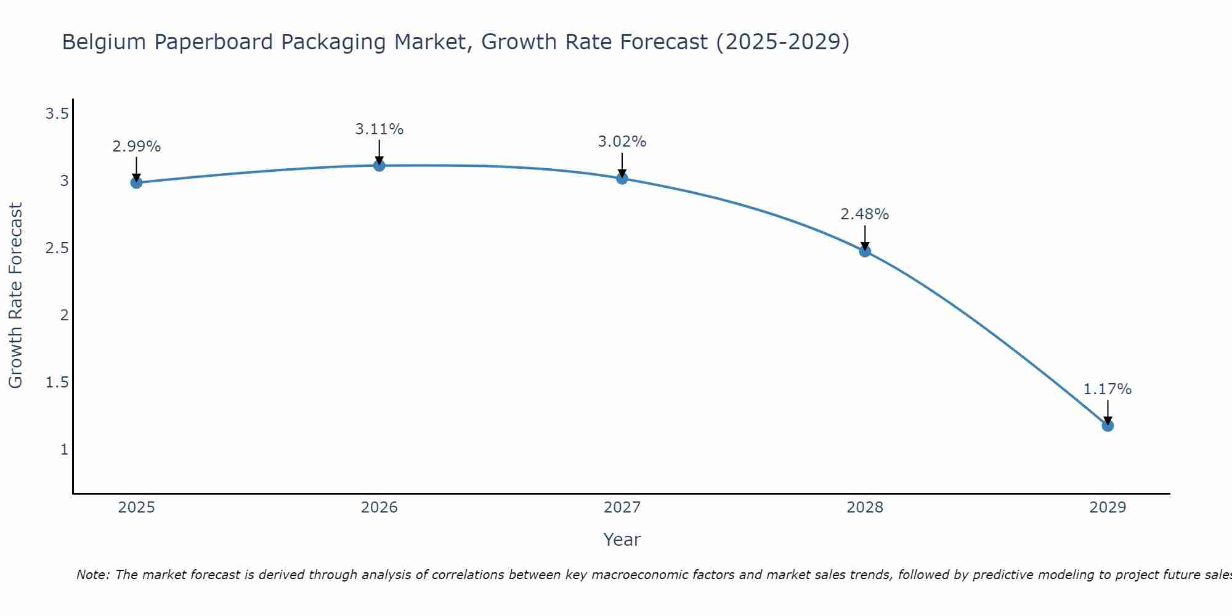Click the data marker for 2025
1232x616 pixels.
coord(137,182)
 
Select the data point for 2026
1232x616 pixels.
coord(379,165)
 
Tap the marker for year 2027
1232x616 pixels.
coord(622,179)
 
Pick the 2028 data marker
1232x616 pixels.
coord(865,251)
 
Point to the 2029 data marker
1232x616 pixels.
coord(1108,426)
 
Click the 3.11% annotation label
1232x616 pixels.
coord(379,129)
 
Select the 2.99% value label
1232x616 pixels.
coord(137,147)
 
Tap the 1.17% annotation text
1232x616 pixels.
coord(1108,389)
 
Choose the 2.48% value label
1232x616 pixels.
coord(865,214)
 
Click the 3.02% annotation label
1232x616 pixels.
coord(622,142)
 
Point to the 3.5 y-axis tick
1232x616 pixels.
coord(57,114)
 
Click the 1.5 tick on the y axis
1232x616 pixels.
coord(57,383)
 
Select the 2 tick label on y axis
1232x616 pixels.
coord(63,315)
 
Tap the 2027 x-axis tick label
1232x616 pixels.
coord(622,508)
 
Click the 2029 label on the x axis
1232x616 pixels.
coord(1108,508)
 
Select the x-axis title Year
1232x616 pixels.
coord(622,540)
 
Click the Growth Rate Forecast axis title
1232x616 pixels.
coord(15,296)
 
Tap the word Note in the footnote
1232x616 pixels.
coord(92,575)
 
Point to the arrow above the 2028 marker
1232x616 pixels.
coord(865,237)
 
